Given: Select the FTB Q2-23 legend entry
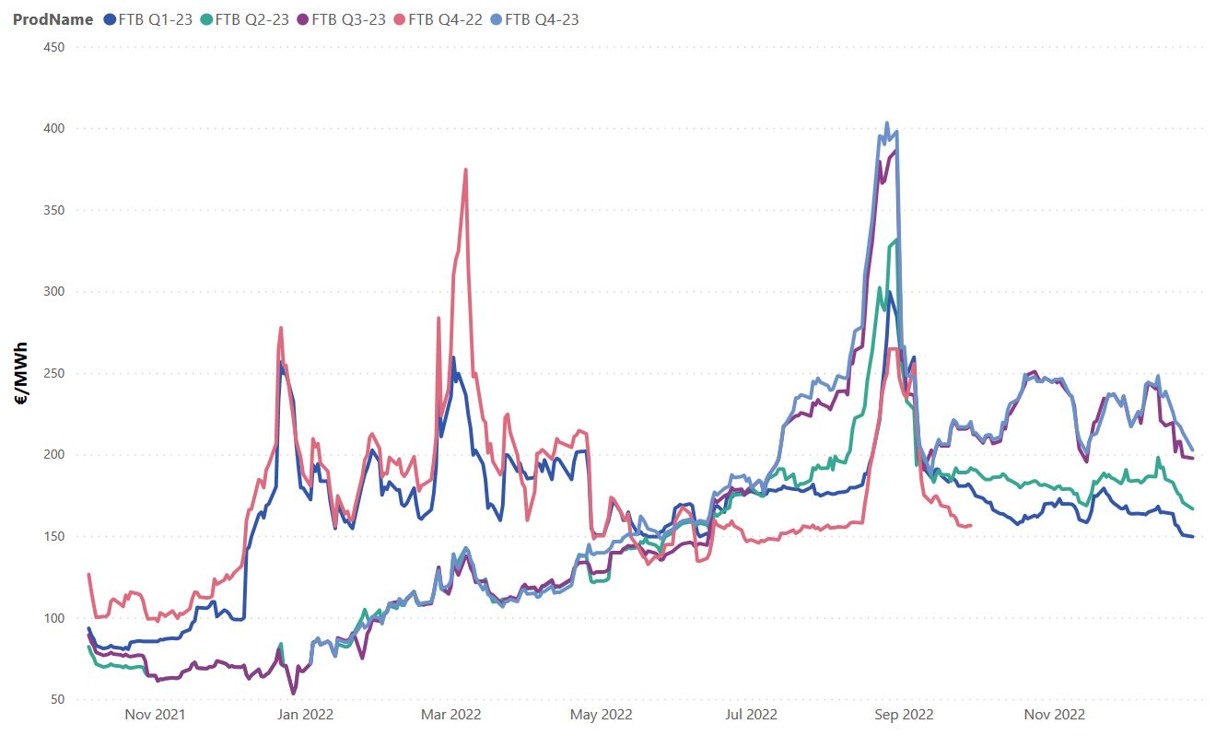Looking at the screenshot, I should pyautogui.click(x=251, y=19).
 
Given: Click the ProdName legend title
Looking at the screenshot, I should pyautogui.click(x=53, y=19).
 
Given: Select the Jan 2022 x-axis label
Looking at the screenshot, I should pyautogui.click(x=305, y=714).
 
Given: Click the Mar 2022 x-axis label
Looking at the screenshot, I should pyautogui.click(x=451, y=714).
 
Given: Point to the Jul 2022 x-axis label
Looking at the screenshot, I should pyautogui.click(x=751, y=714).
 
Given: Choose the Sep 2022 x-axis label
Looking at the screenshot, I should pyautogui.click(x=903, y=714).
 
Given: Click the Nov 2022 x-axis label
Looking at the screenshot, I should pyautogui.click(x=1055, y=714).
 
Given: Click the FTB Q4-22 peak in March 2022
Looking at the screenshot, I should pyautogui.click(x=466, y=169).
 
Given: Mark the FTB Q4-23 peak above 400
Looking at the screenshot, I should pyautogui.click(x=887, y=123).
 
